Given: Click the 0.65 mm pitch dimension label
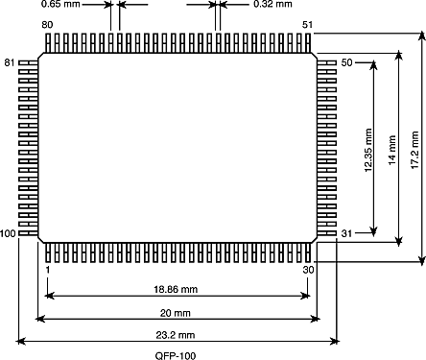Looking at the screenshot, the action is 60,4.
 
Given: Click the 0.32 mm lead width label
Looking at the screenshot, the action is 272,4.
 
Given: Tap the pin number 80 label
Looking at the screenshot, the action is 47,25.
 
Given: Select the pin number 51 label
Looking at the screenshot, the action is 307,25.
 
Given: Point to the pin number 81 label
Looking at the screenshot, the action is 10,62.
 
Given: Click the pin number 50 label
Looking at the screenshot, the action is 346,62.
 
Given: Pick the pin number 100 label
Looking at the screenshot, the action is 8,233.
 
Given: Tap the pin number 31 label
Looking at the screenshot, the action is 346,233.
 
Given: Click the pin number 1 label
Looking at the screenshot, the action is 48,270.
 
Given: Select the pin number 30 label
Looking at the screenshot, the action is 308,270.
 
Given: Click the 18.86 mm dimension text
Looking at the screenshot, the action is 176,290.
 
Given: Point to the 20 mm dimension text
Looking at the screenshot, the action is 176,313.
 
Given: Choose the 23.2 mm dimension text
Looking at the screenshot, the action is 176,335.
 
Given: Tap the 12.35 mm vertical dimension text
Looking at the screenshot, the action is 368,150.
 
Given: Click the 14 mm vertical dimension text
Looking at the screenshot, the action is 392,150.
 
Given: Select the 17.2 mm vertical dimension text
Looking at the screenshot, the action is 414,150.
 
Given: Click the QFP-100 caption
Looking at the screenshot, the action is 176,356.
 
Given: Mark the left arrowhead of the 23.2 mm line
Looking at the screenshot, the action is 20,342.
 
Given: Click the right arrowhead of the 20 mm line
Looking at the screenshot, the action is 316,319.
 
